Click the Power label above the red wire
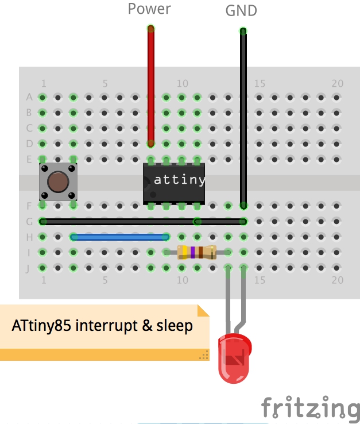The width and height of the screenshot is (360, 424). tap(149, 9)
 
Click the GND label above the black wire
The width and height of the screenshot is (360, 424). tap(241, 10)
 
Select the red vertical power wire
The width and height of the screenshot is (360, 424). tap(151, 86)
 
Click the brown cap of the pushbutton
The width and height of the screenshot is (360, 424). tap(58, 182)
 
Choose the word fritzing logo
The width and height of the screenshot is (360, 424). tap(310, 408)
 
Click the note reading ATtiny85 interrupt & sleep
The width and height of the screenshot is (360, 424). tap(102, 326)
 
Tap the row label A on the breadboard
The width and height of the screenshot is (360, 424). tap(29, 97)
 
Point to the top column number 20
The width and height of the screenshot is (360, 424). tap(337, 83)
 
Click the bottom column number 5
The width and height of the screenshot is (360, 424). tap(105, 280)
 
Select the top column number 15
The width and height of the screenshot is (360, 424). tap(260, 83)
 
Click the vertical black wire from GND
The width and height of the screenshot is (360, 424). tap(243, 115)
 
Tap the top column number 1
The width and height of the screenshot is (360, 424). tap(43, 83)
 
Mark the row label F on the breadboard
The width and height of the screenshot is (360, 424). tap(29, 205)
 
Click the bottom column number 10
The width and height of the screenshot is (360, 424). tap(182, 280)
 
